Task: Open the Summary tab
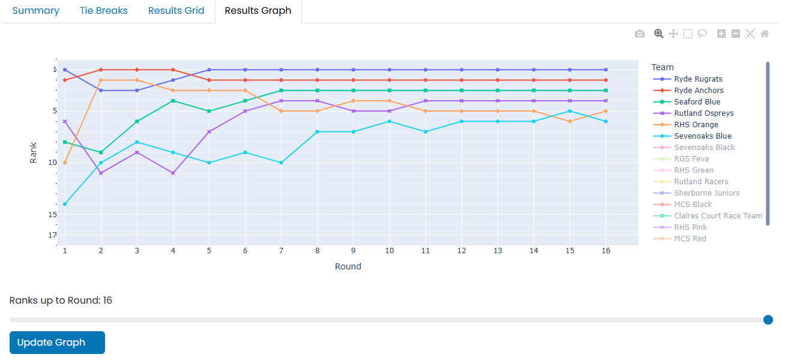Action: pyautogui.click(x=36, y=11)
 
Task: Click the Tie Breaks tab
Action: pyautogui.click(x=104, y=11)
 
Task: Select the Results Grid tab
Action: pyautogui.click(x=176, y=11)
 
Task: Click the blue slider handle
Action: pyautogui.click(x=768, y=320)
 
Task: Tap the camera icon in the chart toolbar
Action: pyautogui.click(x=640, y=34)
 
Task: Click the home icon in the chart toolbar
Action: pyautogui.click(x=765, y=34)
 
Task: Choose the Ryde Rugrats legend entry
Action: pyautogui.click(x=698, y=79)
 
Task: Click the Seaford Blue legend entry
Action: pyautogui.click(x=697, y=102)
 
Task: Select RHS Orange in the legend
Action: pyautogui.click(x=696, y=125)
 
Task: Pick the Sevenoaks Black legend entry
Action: pyautogui.click(x=704, y=148)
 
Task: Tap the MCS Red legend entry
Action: pyautogui.click(x=690, y=239)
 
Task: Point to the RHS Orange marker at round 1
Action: pyautogui.click(x=65, y=163)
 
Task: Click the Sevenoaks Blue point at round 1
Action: pyautogui.click(x=65, y=204)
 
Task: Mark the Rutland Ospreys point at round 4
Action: pyautogui.click(x=173, y=173)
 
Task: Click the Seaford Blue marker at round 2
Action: pyautogui.click(x=101, y=152)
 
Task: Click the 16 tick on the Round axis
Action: pyautogui.click(x=606, y=251)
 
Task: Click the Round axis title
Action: pyautogui.click(x=348, y=266)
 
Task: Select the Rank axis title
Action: pyautogui.click(x=34, y=152)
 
